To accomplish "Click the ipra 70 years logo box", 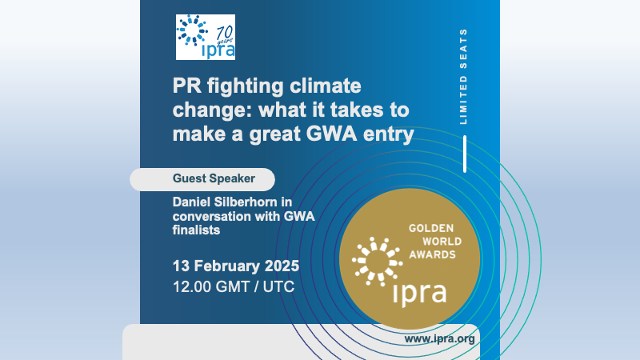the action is pos(206,37).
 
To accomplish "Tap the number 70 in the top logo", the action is pos(225,32).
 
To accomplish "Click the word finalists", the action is pos(196,230).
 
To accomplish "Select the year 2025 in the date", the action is pos(282,266).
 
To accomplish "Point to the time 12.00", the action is pos(192,286).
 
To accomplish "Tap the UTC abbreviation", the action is pos(278,286).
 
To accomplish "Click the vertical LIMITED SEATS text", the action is pos(463,76).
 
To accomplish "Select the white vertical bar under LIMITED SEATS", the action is pos(465,154).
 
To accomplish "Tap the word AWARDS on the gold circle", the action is pos(432,254).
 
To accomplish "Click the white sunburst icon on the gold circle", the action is pos(377,262).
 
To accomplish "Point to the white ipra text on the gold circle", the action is pos(419,292).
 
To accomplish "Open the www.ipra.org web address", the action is pos(439,339).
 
